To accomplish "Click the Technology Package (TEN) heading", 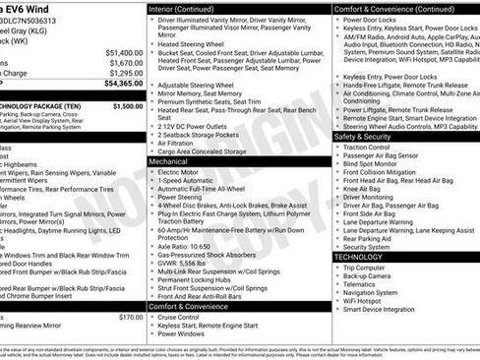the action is [x=44, y=105].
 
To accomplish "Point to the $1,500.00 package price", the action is [x=127, y=105].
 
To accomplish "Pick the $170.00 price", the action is [x=130, y=318].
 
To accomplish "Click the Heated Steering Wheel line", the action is [x=198, y=43].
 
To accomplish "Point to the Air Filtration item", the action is [x=181, y=142].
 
